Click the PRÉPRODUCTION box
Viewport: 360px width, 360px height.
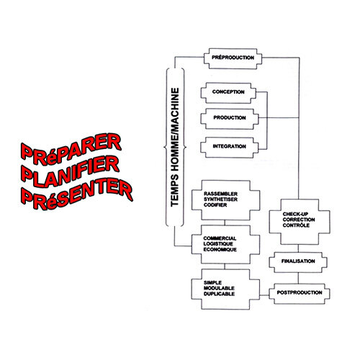point(233,58)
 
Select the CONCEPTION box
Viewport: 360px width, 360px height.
point(228,93)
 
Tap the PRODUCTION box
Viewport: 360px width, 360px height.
point(230,119)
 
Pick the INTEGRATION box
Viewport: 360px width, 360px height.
point(230,148)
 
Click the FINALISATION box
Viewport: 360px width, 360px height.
point(298,262)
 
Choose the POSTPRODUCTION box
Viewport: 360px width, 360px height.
point(300,294)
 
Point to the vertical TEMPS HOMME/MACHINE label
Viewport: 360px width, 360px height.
point(175,147)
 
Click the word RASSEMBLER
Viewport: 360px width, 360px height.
point(220,194)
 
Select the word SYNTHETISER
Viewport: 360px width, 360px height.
point(220,199)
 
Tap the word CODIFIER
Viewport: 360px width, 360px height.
point(215,205)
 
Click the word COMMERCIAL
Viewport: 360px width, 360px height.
point(220,238)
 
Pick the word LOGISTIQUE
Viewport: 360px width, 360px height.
point(218,244)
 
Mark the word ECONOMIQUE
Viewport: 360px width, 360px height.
point(220,250)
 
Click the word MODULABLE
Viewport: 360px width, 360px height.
point(219,288)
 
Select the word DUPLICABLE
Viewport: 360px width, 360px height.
point(219,294)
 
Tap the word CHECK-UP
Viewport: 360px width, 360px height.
point(295,214)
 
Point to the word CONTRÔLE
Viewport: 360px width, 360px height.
point(296,225)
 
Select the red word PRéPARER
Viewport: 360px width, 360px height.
point(71,149)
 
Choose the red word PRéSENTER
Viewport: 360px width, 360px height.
point(77,194)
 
